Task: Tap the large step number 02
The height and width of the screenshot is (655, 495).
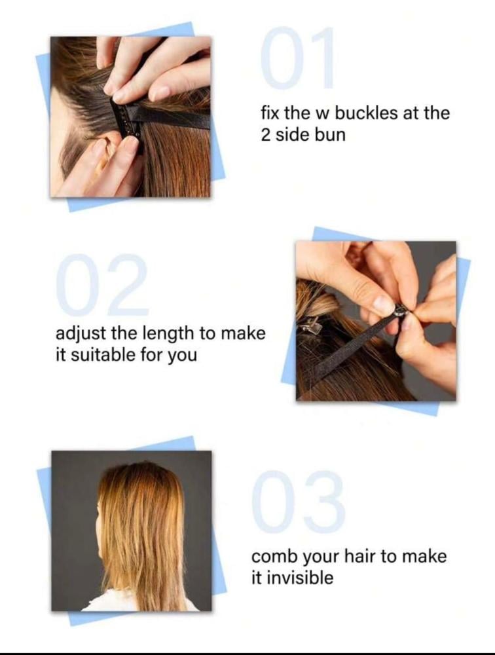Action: pyautogui.click(x=103, y=284)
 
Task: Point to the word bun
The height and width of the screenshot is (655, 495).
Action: pyautogui.click(x=332, y=135)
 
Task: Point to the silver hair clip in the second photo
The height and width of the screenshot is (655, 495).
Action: pyautogui.click(x=310, y=324)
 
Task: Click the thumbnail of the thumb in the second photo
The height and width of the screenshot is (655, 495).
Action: pyautogui.click(x=384, y=304)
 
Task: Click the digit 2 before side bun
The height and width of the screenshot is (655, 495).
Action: pyautogui.click(x=266, y=135)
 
